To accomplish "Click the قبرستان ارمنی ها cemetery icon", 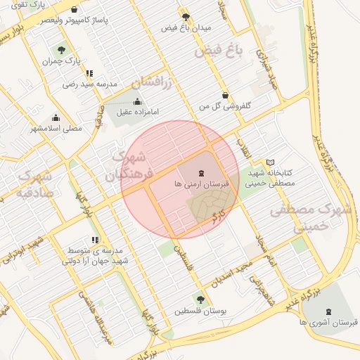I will [x=202, y=172].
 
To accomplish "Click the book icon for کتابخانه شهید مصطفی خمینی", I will [x=270, y=162].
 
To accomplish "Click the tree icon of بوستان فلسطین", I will [x=202, y=300].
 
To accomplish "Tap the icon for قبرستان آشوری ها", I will [x=328, y=311].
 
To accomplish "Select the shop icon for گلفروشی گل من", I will [x=225, y=96].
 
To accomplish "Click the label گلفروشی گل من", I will [x=225, y=106].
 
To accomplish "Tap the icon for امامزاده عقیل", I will [x=137, y=101].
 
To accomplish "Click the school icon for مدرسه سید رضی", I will [x=89, y=73].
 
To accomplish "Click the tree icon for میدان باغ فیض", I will [x=186, y=17].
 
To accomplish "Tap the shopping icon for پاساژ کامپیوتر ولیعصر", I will [x=75, y=11].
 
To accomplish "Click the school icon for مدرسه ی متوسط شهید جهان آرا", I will [x=95, y=240].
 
